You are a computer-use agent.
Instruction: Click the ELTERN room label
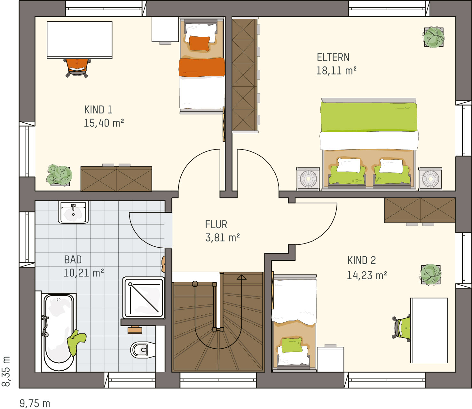coord(333,58)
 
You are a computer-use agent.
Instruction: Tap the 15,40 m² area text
coord(104,123)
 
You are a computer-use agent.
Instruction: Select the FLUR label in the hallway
coord(216,225)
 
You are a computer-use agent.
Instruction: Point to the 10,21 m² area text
coord(84,273)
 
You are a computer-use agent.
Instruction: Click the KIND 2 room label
coord(362,260)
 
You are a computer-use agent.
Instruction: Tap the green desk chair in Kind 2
coord(401,328)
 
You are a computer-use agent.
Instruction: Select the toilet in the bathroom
coord(143,350)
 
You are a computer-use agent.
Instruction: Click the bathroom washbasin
coord(73,212)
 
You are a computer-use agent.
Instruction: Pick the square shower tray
coord(144,298)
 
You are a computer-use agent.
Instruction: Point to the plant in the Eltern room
coord(433,37)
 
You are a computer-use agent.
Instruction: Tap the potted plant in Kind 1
coord(59,175)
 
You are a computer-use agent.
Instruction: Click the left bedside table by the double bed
coord(308,179)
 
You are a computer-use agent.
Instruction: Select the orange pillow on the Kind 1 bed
coord(199,43)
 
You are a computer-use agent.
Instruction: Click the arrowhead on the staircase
coord(241,277)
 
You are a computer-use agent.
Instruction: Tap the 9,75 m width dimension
coord(35,403)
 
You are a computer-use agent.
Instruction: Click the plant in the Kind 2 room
coord(430,274)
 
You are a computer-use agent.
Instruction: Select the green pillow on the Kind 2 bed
coord(292,345)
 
